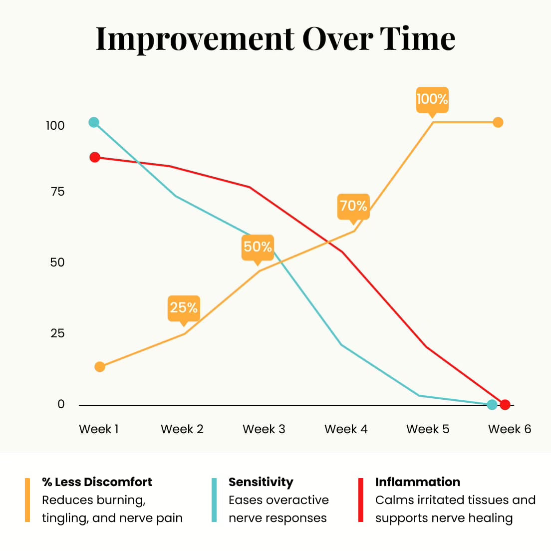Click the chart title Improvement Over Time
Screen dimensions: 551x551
click(x=275, y=38)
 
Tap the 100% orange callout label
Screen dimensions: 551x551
click(x=432, y=99)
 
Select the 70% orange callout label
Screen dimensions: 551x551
click(x=353, y=206)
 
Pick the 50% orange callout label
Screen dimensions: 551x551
click(x=258, y=247)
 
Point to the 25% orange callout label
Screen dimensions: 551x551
click(x=184, y=307)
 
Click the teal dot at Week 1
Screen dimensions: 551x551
click(x=94, y=122)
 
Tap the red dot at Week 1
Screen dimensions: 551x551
click(x=95, y=157)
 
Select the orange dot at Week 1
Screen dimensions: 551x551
click(x=100, y=367)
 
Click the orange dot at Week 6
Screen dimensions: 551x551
click(x=498, y=122)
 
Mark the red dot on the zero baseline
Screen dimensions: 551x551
click(x=505, y=404)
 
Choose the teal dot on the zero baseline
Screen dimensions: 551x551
click(x=492, y=404)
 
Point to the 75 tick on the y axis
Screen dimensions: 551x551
click(x=58, y=192)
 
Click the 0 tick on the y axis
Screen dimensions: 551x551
click(x=61, y=404)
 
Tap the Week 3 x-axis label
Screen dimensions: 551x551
click(x=264, y=429)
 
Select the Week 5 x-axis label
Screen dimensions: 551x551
click(x=428, y=429)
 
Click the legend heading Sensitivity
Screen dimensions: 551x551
click(x=261, y=482)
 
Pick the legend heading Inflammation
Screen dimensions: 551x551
click(x=418, y=482)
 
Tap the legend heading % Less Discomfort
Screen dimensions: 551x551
click(x=97, y=482)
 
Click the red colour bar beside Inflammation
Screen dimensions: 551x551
click(x=361, y=500)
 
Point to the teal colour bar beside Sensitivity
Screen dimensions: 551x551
click(x=214, y=500)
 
